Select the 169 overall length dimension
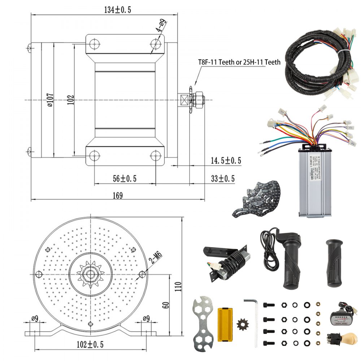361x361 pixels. point(117,195)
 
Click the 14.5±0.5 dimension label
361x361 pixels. point(226,161)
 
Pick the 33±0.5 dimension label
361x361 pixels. point(222,178)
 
